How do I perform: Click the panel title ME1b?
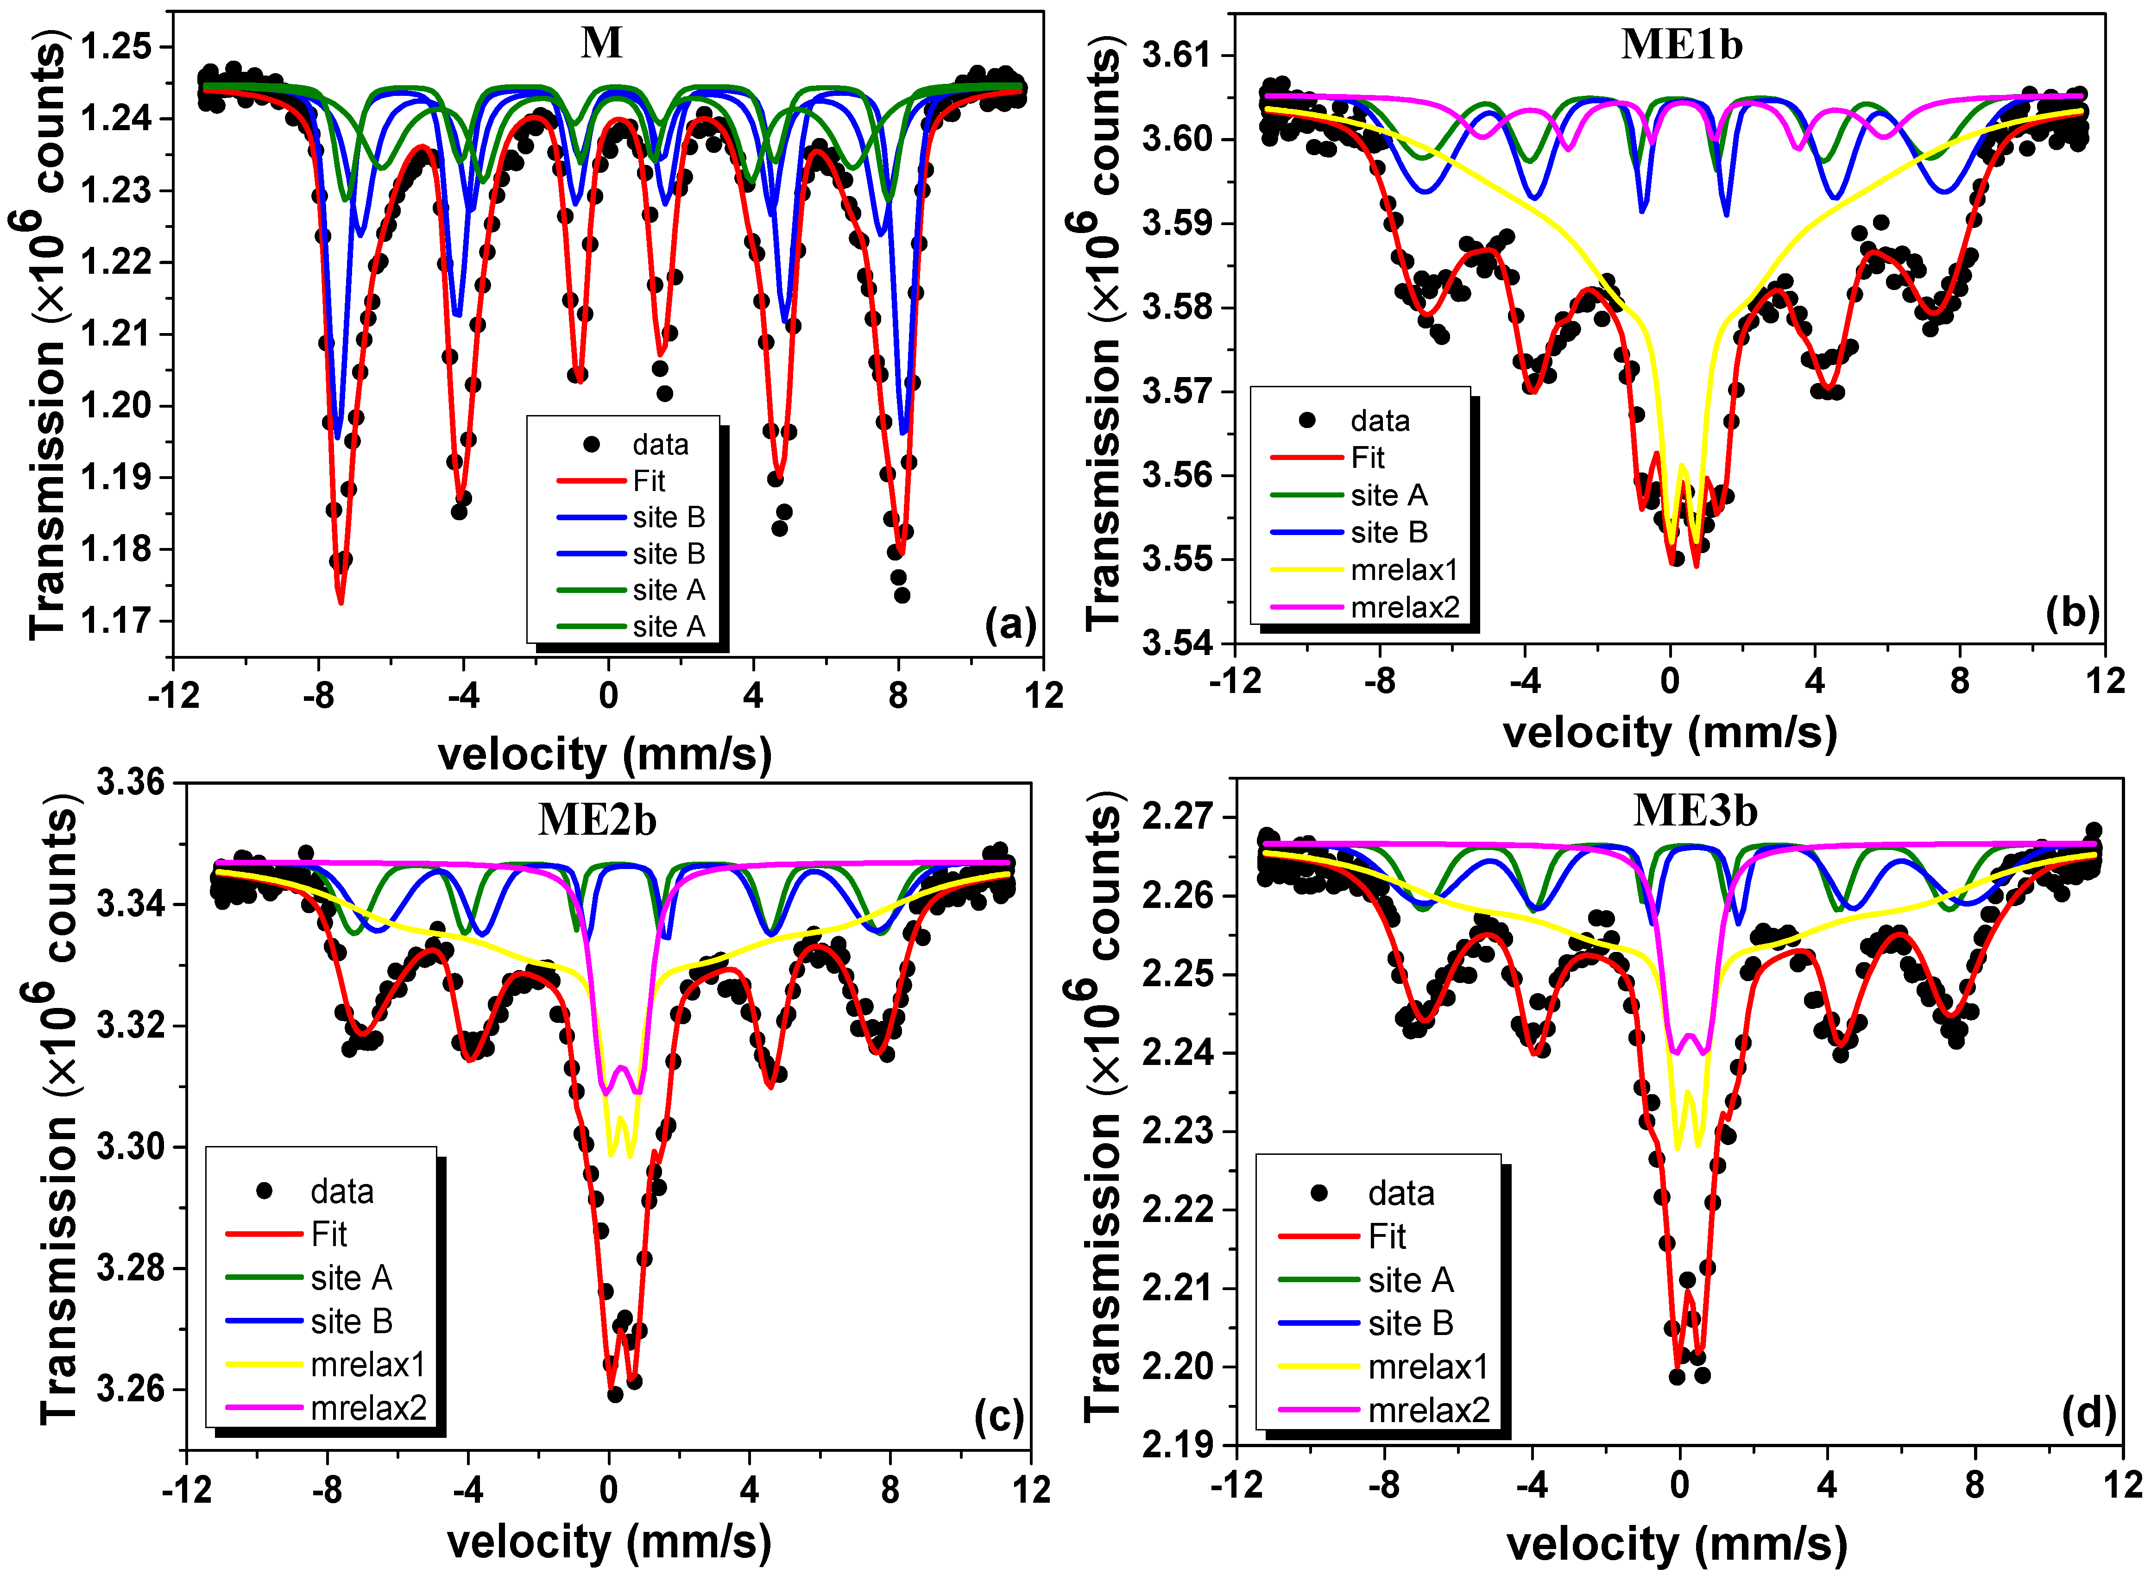click(x=1681, y=45)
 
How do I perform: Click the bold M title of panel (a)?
click(x=602, y=43)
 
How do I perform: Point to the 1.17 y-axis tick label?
click(x=115, y=621)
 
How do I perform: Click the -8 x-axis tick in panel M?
click(x=319, y=696)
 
